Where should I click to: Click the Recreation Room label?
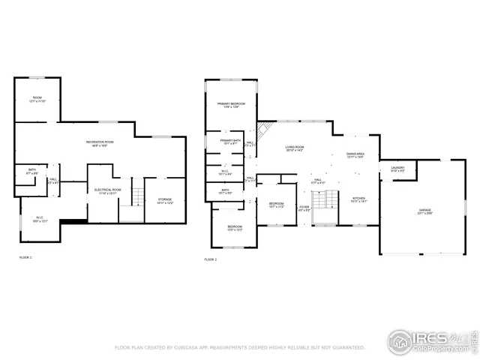[98, 142]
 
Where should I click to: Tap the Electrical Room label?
[108, 191]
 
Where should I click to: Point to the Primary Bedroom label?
[231, 105]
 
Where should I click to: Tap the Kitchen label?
[358, 199]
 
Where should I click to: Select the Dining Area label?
[355, 155]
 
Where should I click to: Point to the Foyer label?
[304, 208]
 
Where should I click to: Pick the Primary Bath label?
[230, 142]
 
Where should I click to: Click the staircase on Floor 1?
[137, 196]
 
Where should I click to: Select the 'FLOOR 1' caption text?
[25, 257]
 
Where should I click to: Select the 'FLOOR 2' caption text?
[210, 259]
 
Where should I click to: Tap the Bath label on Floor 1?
[32, 171]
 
